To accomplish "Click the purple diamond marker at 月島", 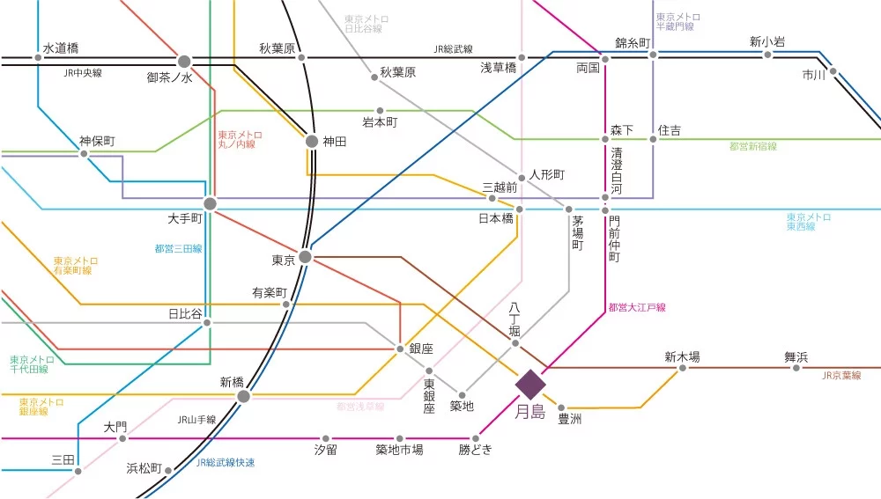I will [531, 384].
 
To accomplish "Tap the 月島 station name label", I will [530, 411].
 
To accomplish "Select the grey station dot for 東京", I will [305, 257].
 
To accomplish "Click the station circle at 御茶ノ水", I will [184, 61].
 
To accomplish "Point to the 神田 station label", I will [336, 141].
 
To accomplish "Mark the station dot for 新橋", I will [244, 396].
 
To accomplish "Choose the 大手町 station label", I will [185, 216].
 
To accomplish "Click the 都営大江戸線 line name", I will [636, 307].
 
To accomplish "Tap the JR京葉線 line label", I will [841, 376].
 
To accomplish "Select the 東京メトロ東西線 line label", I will [808, 222].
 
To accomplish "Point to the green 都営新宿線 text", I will [752, 147].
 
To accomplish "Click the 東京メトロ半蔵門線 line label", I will [677, 22].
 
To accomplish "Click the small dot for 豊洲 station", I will [560, 407].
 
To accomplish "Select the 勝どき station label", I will [475, 450].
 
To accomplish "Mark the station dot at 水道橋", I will [38, 58].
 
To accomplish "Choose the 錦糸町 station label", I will [632, 42].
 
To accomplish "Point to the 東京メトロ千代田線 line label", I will [32, 365].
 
